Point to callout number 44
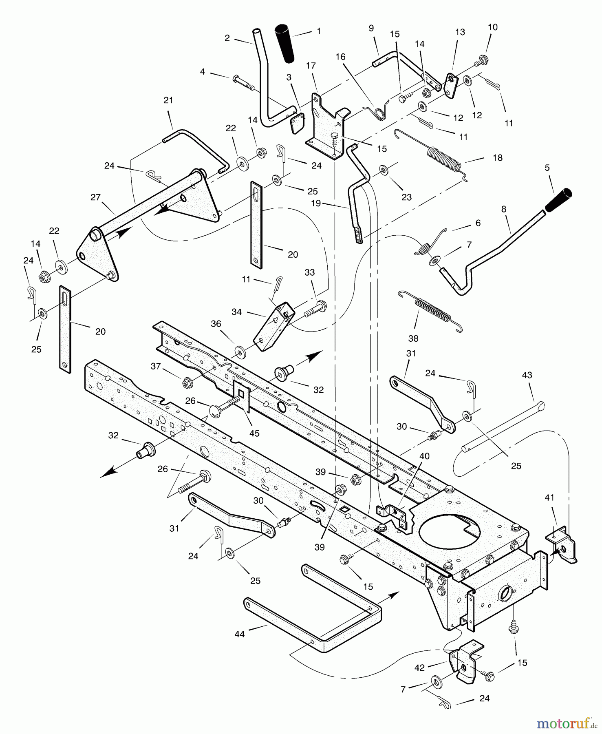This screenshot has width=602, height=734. pos(240,634)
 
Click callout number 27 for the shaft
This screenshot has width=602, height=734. pos(95,197)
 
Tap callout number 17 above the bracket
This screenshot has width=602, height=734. pos(311,66)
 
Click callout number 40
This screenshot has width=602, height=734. pos(424,456)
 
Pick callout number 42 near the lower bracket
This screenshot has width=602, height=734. pos(419,668)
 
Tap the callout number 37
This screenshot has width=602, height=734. pos(156,366)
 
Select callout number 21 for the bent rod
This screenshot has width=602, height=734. pos(168,100)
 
